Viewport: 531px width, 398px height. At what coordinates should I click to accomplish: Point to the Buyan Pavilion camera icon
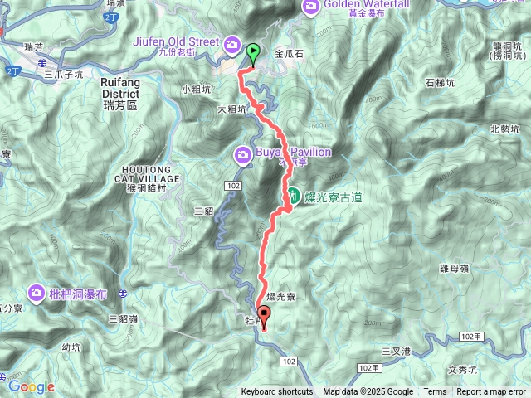(x=243, y=153)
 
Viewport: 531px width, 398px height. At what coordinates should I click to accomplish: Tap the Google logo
(x=32, y=386)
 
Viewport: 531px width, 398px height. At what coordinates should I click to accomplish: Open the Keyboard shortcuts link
(x=277, y=392)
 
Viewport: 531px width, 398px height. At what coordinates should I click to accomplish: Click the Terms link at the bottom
(x=435, y=392)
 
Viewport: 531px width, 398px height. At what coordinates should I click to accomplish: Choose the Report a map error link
(x=491, y=392)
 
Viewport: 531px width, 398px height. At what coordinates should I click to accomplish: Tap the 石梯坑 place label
(x=441, y=82)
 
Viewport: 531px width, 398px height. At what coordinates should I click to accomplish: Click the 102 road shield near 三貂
(x=231, y=184)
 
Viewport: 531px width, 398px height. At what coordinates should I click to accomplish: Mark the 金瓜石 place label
(x=290, y=53)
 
